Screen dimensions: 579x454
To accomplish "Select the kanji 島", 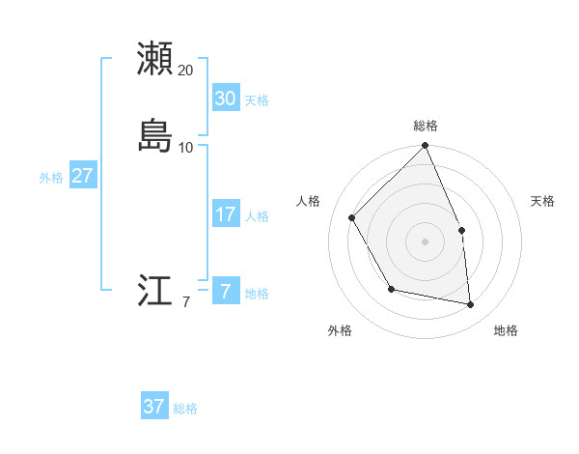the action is click(x=154, y=135).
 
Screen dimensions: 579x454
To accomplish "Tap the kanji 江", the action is click(x=154, y=291).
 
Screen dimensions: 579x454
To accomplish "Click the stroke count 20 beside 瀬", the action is click(x=185, y=71).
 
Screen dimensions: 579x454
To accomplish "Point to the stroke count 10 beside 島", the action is click(x=185, y=148).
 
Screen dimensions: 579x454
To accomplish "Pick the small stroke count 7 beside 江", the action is click(x=185, y=302).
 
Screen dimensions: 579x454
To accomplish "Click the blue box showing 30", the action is click(x=225, y=98).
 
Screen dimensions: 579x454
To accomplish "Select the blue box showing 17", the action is click(x=225, y=214).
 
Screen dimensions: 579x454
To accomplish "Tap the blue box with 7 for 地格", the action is click(x=225, y=291).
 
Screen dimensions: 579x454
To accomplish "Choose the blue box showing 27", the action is click(x=82, y=176).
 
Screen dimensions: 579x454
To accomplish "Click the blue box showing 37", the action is click(x=153, y=407).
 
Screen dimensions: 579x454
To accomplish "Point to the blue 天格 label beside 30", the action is click(x=257, y=99).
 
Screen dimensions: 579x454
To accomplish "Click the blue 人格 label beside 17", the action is click(x=257, y=216).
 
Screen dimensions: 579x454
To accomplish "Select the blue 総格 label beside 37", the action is click(x=185, y=409).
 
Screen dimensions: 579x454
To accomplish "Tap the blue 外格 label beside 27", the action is click(x=51, y=178).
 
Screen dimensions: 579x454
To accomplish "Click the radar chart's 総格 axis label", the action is click(x=425, y=126).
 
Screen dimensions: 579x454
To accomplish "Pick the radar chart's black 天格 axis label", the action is click(x=543, y=201).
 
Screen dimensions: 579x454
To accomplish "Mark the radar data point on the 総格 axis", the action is click(x=425, y=146).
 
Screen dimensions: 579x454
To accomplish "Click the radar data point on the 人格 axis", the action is click(x=352, y=217).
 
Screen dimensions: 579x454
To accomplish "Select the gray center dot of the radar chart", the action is click(x=425, y=241).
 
